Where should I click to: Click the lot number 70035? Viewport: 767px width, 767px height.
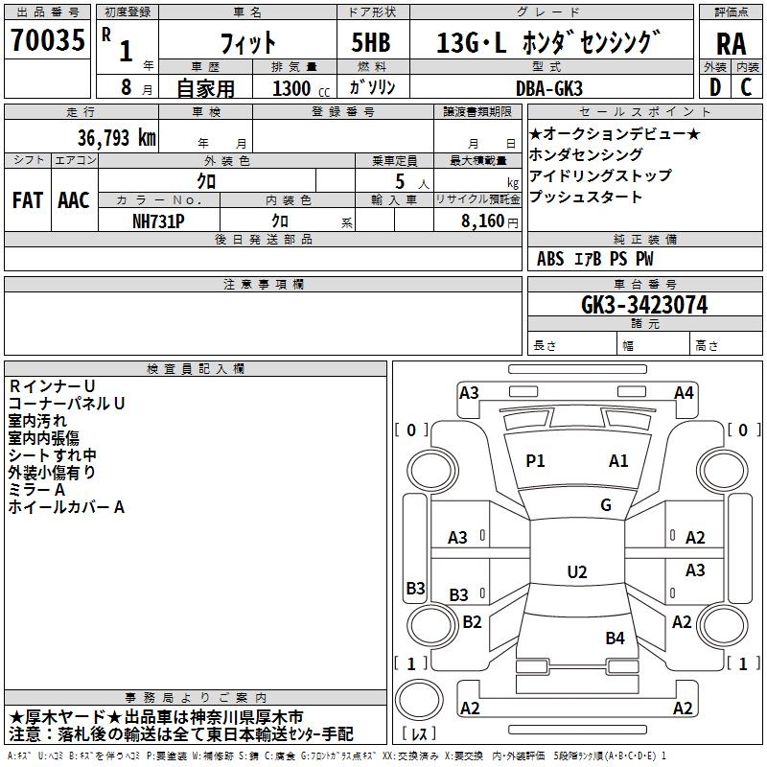(47, 41)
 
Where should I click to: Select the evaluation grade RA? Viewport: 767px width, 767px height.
(731, 45)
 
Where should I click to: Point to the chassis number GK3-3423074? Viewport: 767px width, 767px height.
(644, 305)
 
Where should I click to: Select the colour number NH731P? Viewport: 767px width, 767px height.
(159, 220)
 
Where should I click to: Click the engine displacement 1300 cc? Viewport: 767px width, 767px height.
(296, 88)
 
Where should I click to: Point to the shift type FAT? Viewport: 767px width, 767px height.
(27, 199)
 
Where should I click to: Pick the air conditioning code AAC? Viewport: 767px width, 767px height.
(73, 199)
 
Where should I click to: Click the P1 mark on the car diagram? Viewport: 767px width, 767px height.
(535, 461)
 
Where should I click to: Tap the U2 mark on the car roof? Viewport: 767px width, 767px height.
(576, 572)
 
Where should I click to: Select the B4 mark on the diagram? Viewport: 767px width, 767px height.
(615, 638)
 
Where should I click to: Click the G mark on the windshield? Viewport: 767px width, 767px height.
(606, 505)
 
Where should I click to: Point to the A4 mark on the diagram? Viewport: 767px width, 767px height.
(684, 392)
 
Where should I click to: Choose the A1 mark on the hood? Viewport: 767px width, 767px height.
(618, 461)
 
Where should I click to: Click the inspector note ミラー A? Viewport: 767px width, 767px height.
(36, 489)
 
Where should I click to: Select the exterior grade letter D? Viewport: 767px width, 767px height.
(714, 87)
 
